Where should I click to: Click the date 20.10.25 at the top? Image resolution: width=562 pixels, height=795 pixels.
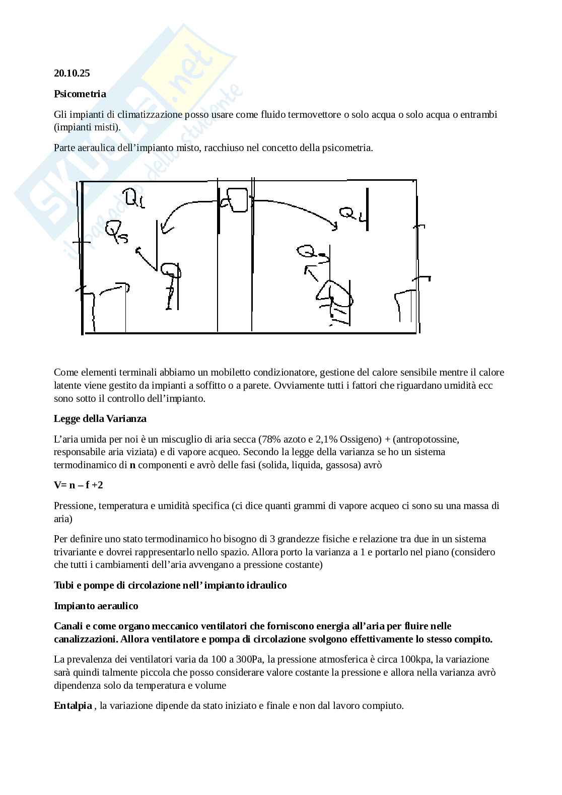pos(72,73)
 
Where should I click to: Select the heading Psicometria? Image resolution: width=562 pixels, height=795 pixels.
pos(80,94)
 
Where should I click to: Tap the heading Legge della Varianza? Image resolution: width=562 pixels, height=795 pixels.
pos(100,418)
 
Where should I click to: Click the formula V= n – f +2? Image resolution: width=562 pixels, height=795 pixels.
pos(78,485)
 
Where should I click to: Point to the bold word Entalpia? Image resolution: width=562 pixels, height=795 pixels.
pos(73,705)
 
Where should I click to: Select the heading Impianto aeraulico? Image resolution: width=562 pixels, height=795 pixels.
pos(96,606)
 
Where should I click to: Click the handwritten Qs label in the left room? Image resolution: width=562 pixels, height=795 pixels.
pos(116,231)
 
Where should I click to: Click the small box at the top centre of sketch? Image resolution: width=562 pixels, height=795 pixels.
pos(235,199)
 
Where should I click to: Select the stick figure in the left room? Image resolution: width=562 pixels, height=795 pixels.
pos(171,284)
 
